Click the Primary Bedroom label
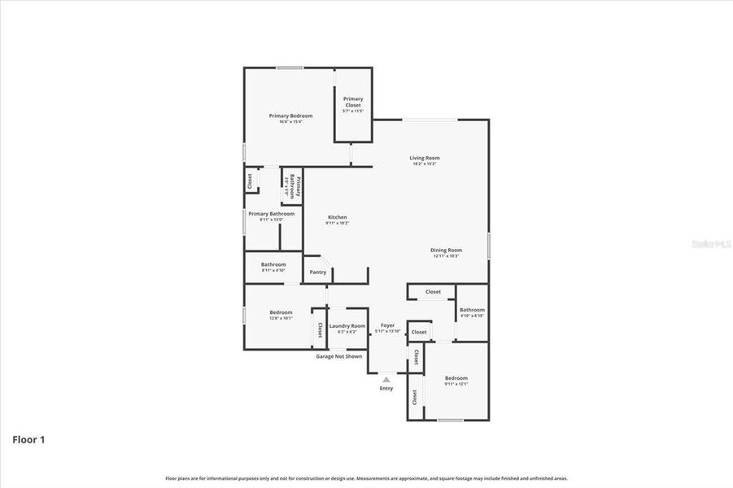[290, 115]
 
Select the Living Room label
[424, 158]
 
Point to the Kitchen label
[338, 217]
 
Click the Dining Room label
[446, 250]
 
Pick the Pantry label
[318, 272]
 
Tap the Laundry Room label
[347, 326]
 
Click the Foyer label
[387, 325]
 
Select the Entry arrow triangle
[386, 378]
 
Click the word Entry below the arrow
[386, 388]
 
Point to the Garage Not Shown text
[339, 356]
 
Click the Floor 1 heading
[28, 440]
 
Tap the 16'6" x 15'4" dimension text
[290, 122]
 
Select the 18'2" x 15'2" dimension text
[424, 164]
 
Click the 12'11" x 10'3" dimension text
[446, 256]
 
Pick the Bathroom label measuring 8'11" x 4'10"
[273, 264]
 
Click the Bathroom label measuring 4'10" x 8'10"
[472, 309]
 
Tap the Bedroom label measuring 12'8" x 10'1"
[281, 312]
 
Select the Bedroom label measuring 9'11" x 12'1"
[456, 377]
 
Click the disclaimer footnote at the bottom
[366, 479]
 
